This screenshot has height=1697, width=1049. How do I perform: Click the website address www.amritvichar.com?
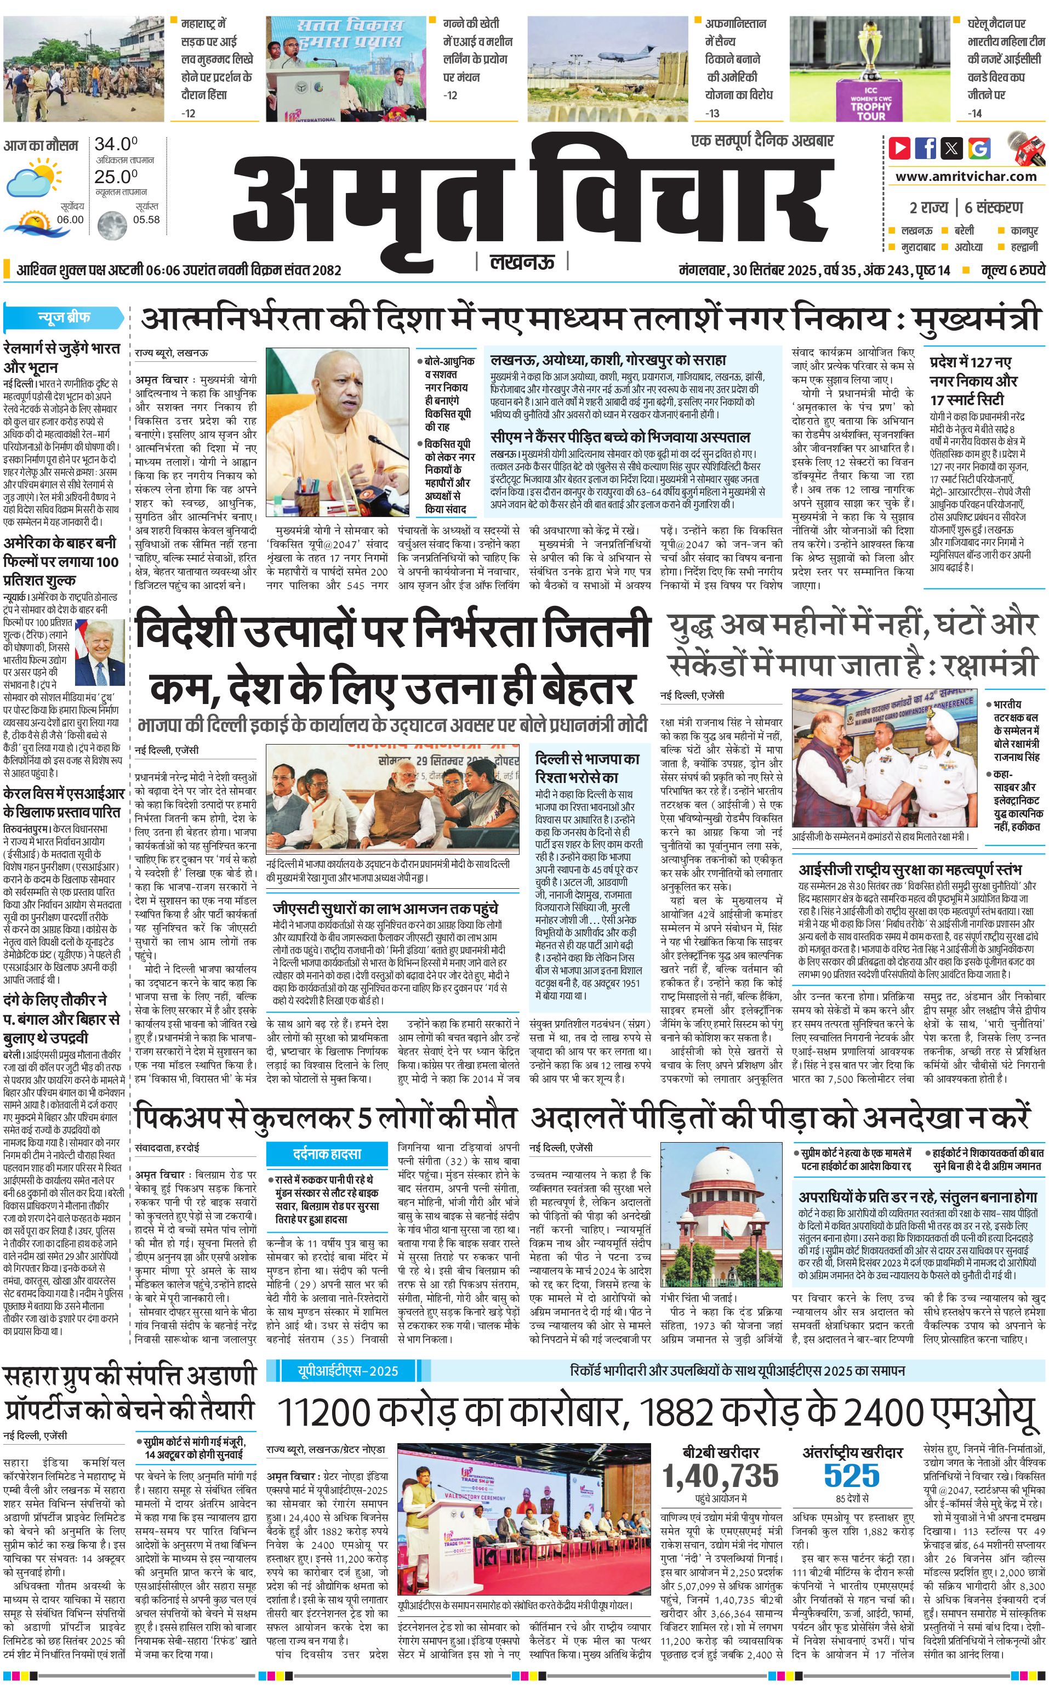[966, 177]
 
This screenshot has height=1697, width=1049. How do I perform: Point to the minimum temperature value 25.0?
[116, 177]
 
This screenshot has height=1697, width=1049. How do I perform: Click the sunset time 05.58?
[146, 219]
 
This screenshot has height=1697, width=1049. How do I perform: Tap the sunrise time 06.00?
[70, 219]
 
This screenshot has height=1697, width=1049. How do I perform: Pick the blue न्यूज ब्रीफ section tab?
[64, 318]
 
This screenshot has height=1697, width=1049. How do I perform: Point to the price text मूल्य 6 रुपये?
[1012, 270]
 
